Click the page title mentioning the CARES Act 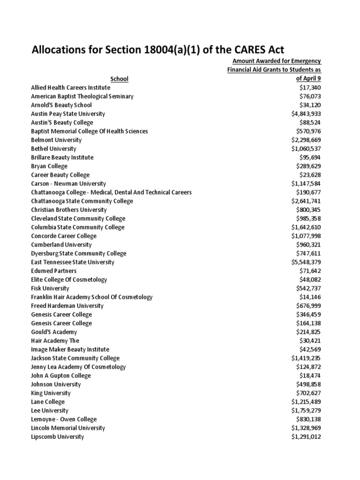[x=157, y=50]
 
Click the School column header [x=120, y=79]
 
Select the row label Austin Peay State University [x=68, y=114]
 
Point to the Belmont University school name [x=56, y=140]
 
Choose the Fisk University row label [x=50, y=288]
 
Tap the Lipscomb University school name [x=58, y=437]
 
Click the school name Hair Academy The [x=55, y=341]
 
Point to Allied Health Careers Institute [x=70, y=88]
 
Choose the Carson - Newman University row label [x=68, y=184]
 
